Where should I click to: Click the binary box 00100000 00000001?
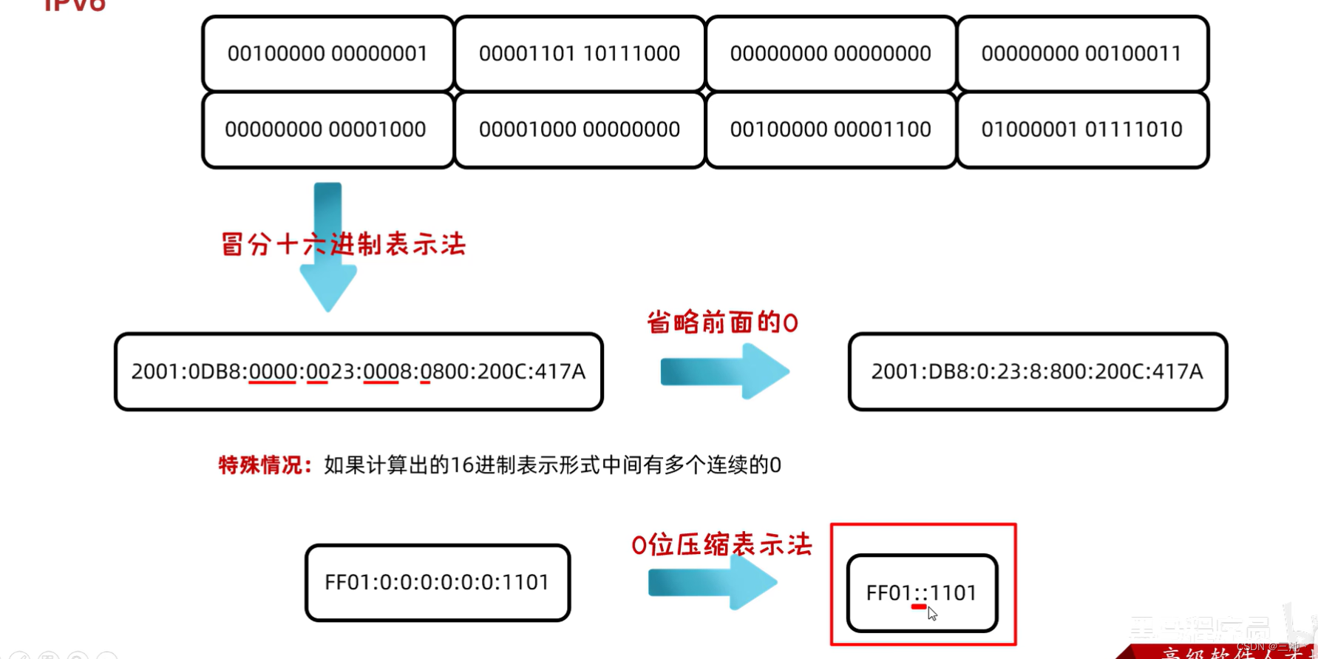click(x=327, y=54)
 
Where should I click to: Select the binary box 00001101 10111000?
click(x=580, y=54)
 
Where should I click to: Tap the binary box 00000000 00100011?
click(x=1082, y=54)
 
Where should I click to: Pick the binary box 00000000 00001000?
click(x=326, y=129)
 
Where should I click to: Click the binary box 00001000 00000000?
click(x=580, y=129)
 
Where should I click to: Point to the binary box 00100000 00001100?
click(x=831, y=129)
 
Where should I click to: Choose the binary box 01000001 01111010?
click(x=1082, y=129)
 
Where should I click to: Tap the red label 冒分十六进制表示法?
click(x=344, y=244)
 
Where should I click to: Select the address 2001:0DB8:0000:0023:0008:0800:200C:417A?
click(x=359, y=371)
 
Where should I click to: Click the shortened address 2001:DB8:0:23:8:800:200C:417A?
click(x=1037, y=371)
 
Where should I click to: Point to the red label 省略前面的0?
click(x=722, y=323)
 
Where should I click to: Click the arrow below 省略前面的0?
click(x=724, y=371)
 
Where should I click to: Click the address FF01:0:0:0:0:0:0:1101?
click(x=437, y=583)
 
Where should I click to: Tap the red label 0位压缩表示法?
click(x=721, y=546)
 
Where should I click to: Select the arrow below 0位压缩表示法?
click(x=713, y=583)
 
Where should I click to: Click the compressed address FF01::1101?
click(x=921, y=592)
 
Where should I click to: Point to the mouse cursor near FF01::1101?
click(x=932, y=613)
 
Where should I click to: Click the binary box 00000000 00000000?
click(x=831, y=54)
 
